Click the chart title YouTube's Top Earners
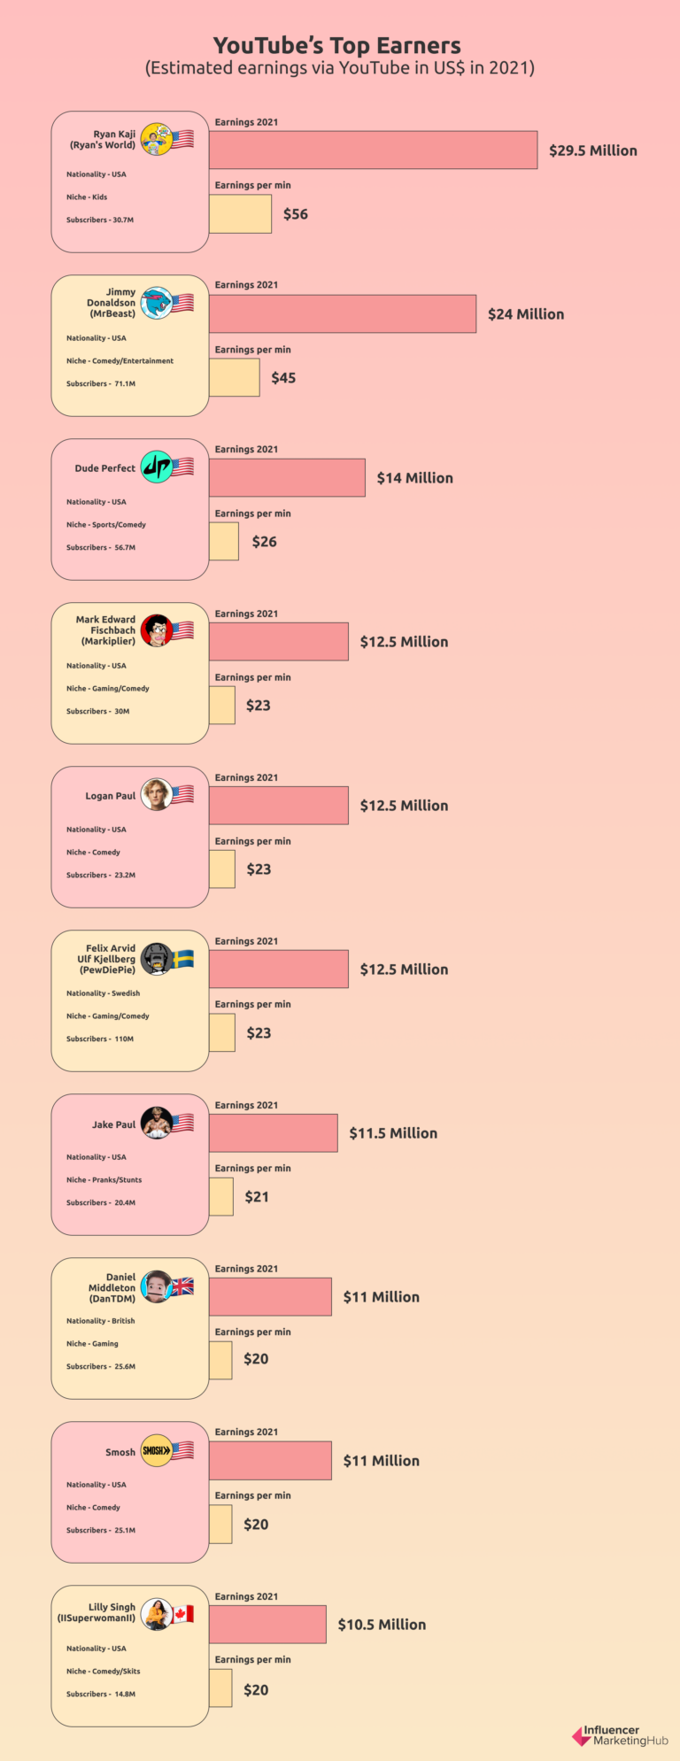(337, 46)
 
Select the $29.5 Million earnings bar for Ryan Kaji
(373, 150)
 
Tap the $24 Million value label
(526, 314)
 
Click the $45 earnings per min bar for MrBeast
(234, 377)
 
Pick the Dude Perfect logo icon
(157, 467)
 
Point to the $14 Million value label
(414, 478)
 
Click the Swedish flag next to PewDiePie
(182, 959)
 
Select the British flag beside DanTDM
(182, 1286)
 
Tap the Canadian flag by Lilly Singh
(182, 1614)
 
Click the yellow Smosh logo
(157, 1450)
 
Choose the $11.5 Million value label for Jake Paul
(393, 1133)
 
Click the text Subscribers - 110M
(100, 1039)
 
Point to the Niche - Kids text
(87, 197)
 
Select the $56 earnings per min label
(296, 214)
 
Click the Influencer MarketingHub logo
(620, 1735)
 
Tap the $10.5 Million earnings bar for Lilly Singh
(267, 1624)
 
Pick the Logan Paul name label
(111, 796)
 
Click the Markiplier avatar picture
(157, 630)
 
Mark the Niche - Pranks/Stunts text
(104, 1179)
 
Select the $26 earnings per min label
(264, 542)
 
